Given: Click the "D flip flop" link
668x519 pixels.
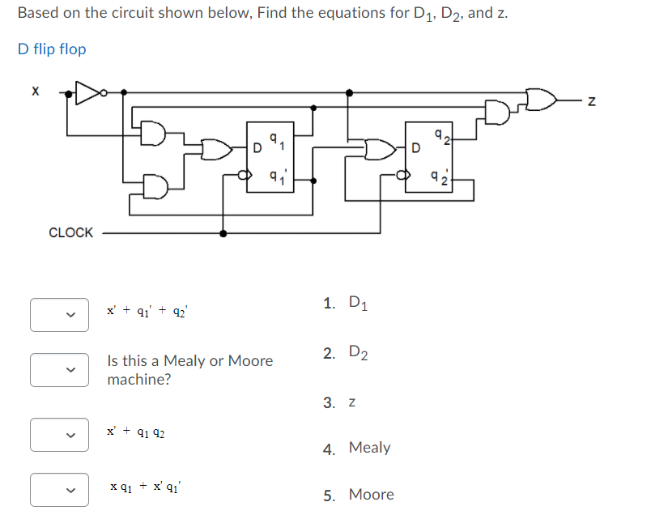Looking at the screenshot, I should (52, 49).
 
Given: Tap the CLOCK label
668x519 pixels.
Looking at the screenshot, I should (70, 232).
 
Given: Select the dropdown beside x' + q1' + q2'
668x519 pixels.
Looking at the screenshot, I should (59, 316).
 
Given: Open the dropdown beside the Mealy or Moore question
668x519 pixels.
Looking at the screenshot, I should (59, 370).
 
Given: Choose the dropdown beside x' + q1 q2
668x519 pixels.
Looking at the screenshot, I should (59, 434).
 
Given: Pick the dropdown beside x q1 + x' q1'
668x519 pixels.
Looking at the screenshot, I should (59, 489).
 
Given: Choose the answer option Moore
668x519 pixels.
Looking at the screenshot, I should (360, 495).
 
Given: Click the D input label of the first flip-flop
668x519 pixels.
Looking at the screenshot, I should (257, 149).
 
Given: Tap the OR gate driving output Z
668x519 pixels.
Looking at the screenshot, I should (542, 100).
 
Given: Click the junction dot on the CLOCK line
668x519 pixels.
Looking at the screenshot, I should (223, 233).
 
